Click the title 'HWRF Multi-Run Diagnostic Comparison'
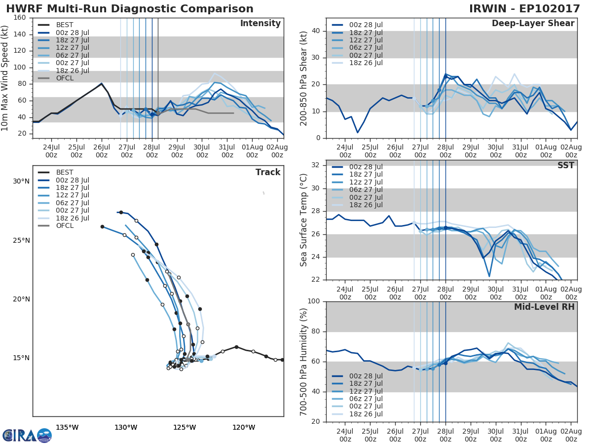click(130, 9)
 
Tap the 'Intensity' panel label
click(260, 24)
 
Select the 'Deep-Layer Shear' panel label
click(533, 24)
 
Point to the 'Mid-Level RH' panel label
click(544, 307)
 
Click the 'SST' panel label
click(565, 165)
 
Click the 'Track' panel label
click(268, 172)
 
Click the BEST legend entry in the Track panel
click(65, 172)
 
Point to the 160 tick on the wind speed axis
click(20, 18)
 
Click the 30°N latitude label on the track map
click(21, 182)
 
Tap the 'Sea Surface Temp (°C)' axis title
click(304, 220)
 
